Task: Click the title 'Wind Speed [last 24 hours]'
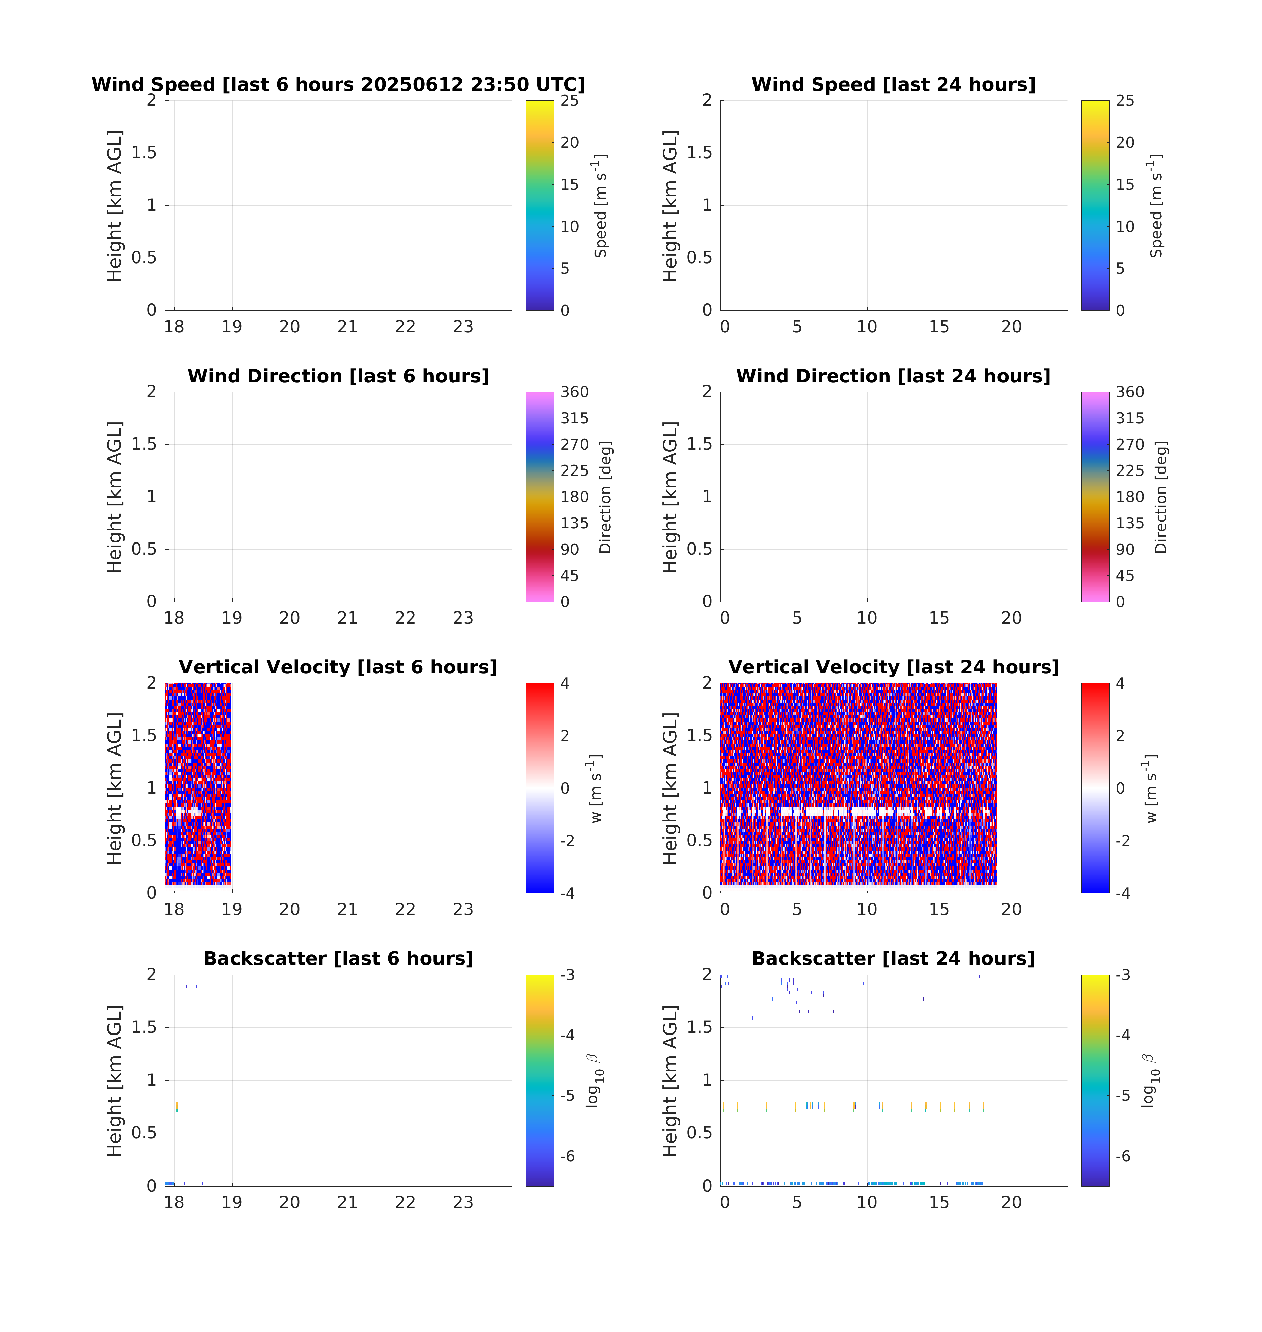[x=893, y=85]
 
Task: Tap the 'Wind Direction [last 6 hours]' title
[x=338, y=376]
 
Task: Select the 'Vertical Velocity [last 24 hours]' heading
[x=893, y=667]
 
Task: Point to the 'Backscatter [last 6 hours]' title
[x=338, y=959]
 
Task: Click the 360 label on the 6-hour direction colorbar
[x=574, y=392]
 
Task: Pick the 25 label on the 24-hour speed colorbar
[x=1125, y=101]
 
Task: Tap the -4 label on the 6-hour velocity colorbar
[x=568, y=893]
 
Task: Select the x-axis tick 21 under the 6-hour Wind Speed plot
[x=347, y=327]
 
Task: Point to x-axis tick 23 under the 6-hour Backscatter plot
[x=463, y=1203]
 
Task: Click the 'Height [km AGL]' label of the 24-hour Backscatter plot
[x=670, y=1080]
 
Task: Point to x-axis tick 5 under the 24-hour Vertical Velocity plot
[x=797, y=910]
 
